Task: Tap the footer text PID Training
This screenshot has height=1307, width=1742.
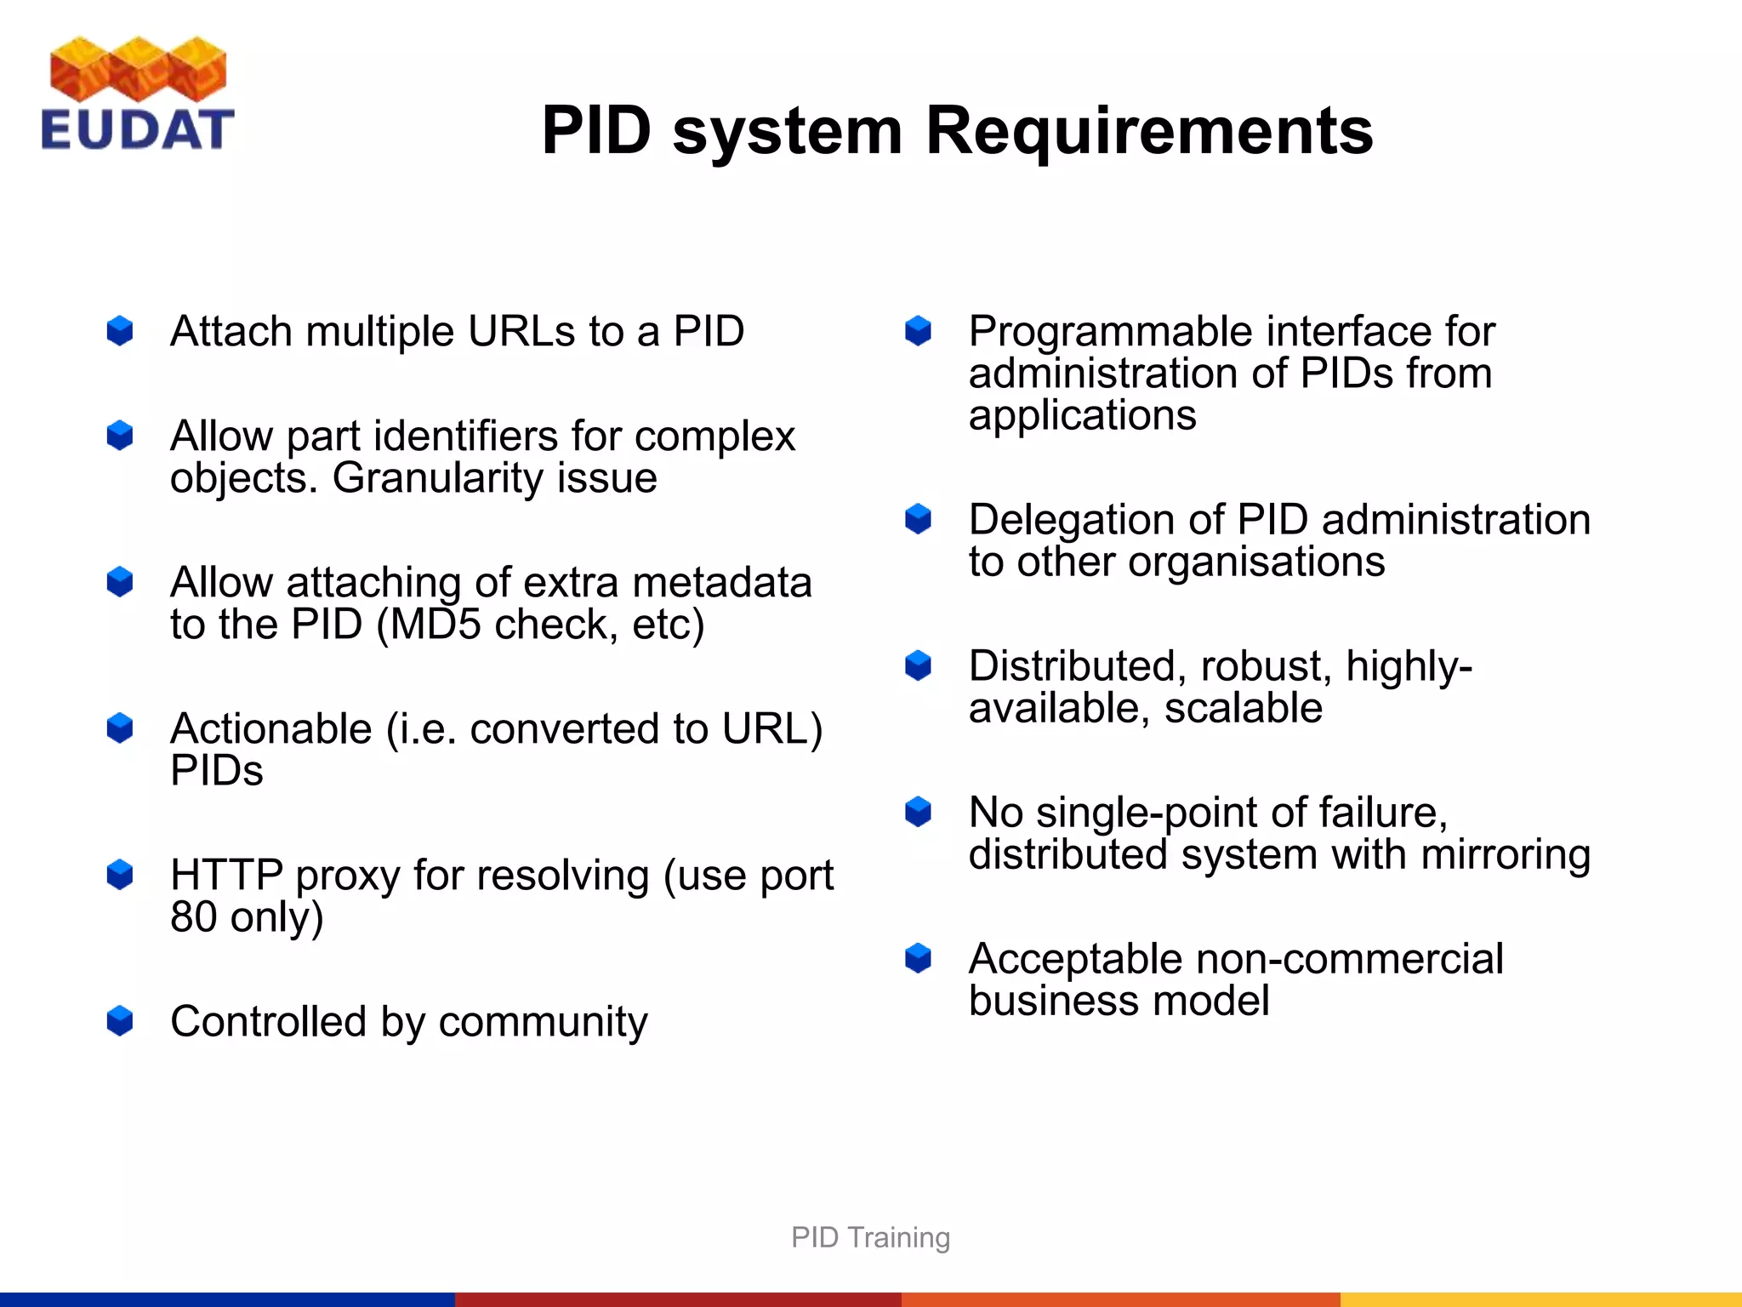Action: point(870,1237)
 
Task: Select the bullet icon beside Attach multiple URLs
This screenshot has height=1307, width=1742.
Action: point(120,331)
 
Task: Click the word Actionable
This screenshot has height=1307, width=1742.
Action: point(270,729)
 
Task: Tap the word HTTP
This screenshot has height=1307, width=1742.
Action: point(226,876)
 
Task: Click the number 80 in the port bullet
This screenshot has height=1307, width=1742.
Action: point(193,917)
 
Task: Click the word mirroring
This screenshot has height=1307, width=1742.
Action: point(1505,854)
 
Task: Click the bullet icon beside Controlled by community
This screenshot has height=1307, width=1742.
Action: point(120,1021)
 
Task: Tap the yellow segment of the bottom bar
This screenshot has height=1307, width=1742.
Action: point(1540,1299)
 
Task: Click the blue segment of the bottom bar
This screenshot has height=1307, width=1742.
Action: point(227,1299)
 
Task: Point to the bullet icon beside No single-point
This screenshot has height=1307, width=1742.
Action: point(919,812)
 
